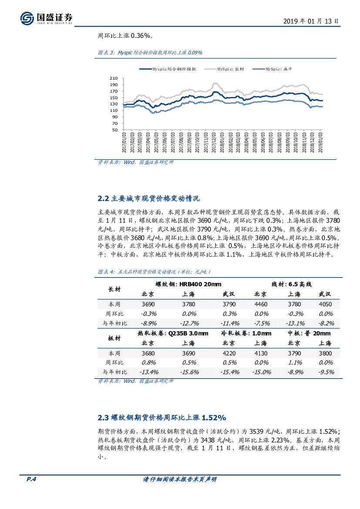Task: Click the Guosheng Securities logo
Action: pos(46,18)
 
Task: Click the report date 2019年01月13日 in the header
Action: pos(311,21)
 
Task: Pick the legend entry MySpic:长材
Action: pos(225,69)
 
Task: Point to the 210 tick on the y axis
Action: pos(114,78)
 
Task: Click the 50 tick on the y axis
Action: pos(115,130)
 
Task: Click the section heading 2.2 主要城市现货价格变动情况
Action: pos(149,199)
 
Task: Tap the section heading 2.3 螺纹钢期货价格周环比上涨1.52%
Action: pos(162,418)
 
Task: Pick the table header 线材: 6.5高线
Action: pos(292,284)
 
